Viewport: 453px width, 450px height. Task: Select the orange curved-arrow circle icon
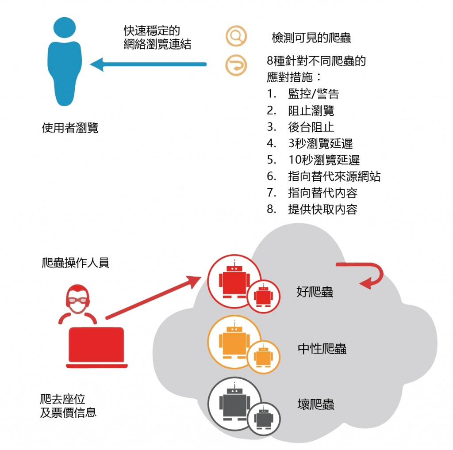(x=236, y=65)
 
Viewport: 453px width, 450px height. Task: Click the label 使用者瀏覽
(x=70, y=128)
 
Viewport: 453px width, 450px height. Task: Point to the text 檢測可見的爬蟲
(x=311, y=38)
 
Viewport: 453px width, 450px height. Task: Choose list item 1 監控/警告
(x=313, y=94)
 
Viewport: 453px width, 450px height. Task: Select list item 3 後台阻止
(x=311, y=127)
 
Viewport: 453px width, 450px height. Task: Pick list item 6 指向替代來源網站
(x=334, y=176)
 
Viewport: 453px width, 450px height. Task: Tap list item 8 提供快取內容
(x=322, y=209)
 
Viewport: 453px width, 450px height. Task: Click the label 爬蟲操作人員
(x=74, y=263)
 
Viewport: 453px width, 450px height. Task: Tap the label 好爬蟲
(x=315, y=292)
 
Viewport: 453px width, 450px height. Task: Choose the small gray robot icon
(x=264, y=419)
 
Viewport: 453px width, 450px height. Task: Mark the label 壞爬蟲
(x=315, y=404)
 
